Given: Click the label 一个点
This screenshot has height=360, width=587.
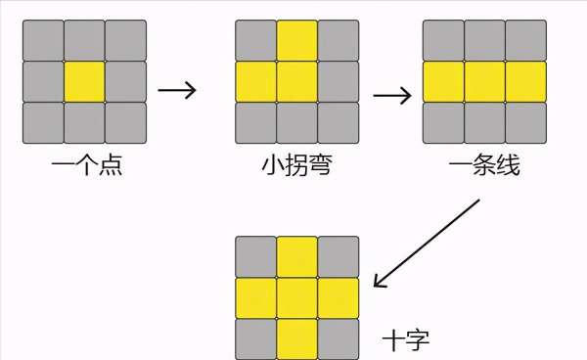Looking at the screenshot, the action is pos(86,166).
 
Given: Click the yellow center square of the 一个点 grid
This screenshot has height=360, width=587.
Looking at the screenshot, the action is pos(84,82).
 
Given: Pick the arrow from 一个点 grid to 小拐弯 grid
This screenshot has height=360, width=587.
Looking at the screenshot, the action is pos(177,90).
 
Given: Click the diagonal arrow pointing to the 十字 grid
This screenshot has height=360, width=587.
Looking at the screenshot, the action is pos(428,244).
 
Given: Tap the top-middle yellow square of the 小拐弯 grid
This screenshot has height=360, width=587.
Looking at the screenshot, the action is pos(296,40).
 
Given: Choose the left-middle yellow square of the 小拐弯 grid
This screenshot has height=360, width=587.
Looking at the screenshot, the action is pos(255,82).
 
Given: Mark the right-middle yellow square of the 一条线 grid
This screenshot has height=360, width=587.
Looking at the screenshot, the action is pos(525,82).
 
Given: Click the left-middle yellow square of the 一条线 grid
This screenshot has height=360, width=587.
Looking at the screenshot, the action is pos(442,82).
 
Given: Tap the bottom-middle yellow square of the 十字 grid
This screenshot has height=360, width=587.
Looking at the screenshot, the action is pos(296,338).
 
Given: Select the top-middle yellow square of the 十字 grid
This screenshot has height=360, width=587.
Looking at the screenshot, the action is pos(296,255).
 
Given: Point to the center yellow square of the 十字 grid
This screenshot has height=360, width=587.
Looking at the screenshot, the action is pos(296,297).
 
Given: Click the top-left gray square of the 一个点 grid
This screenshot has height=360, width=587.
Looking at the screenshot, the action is pos(43,40).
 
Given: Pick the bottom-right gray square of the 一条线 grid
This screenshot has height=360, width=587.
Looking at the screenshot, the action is pos(525,123).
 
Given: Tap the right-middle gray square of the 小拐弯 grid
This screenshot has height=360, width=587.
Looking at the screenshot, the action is pos(338,82).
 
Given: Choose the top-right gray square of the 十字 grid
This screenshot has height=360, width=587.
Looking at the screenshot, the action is pos(338,255).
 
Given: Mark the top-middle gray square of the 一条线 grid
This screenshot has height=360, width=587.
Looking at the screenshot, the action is pos(483,40).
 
